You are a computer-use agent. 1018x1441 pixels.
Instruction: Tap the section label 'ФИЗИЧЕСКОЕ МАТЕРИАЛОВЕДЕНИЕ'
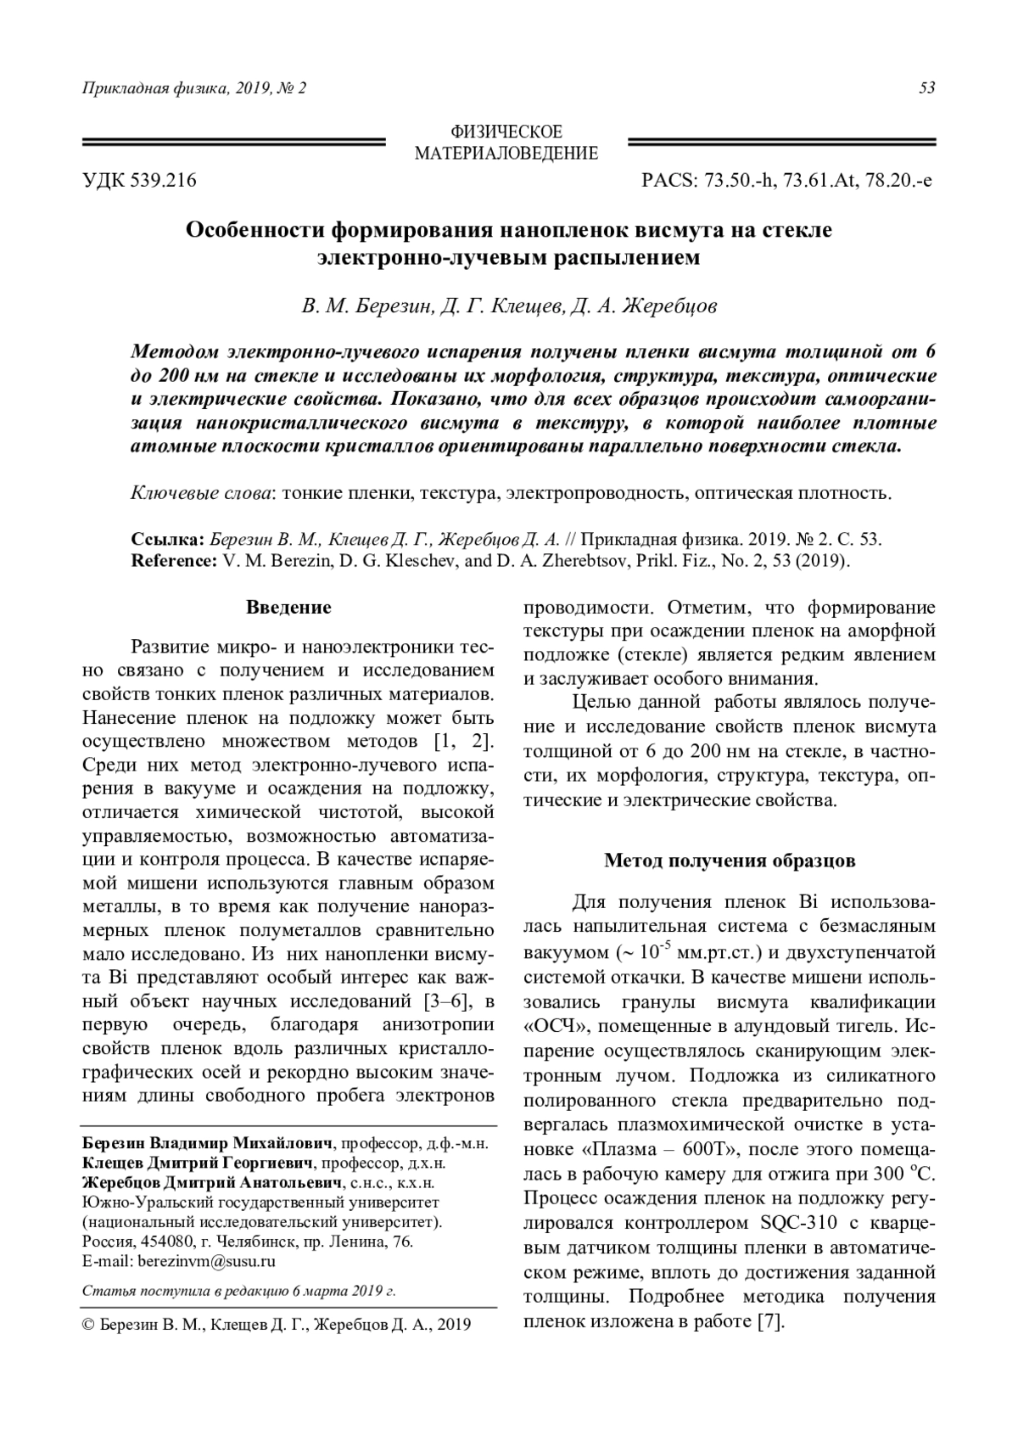(x=506, y=143)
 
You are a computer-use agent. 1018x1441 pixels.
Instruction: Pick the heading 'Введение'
(x=288, y=608)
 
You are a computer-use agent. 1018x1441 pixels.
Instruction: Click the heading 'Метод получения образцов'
(x=730, y=861)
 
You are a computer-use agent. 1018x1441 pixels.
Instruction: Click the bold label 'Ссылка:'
(x=168, y=540)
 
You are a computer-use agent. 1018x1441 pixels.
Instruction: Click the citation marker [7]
(x=769, y=1321)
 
